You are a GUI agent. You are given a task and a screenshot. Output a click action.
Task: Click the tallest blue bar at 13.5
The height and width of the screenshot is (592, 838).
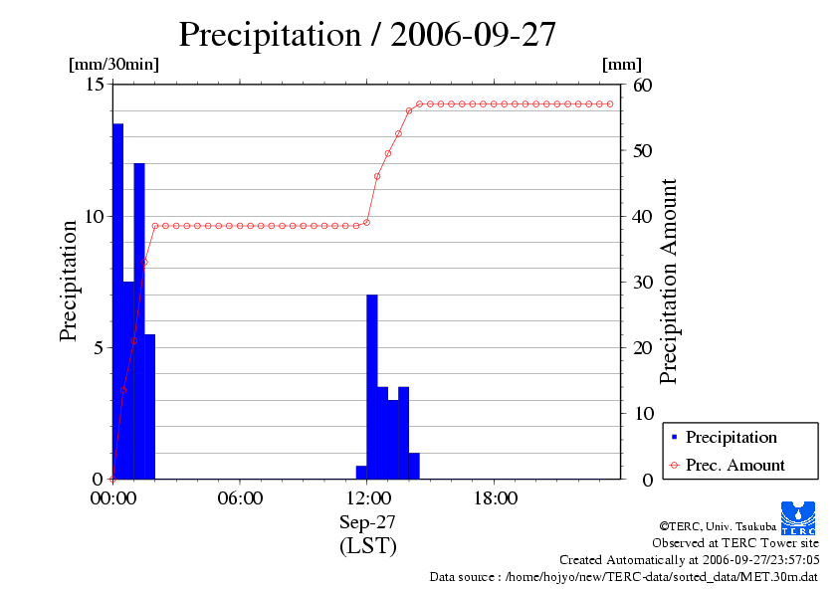(117, 298)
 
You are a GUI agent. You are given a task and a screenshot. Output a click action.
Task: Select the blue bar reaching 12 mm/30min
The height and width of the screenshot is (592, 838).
(139, 318)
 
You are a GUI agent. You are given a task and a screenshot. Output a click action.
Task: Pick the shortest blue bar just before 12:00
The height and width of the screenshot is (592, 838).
(361, 472)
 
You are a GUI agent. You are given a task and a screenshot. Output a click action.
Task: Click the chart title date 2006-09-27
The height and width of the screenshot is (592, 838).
(473, 35)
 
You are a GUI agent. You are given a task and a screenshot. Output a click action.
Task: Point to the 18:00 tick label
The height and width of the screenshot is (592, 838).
(495, 498)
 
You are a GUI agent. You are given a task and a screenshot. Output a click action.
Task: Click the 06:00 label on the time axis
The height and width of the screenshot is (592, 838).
(240, 498)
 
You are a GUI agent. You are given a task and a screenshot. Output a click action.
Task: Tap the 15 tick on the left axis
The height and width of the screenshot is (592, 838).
(95, 85)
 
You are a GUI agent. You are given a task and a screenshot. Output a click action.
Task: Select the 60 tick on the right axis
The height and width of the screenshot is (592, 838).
(642, 85)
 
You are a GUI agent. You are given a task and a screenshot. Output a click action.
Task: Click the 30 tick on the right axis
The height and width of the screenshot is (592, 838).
(642, 282)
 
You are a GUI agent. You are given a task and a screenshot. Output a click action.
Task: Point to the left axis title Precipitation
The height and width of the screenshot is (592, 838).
(69, 281)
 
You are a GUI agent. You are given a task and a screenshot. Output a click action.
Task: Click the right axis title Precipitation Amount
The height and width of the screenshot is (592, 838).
(669, 281)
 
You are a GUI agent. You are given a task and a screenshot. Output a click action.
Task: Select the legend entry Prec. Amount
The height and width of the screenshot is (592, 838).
(734, 465)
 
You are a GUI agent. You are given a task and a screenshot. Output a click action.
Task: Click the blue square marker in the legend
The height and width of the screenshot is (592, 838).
(675, 438)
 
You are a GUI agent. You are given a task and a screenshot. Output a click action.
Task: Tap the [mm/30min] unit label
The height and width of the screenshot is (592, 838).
(113, 64)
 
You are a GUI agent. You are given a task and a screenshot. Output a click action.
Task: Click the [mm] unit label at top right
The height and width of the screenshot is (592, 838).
(622, 64)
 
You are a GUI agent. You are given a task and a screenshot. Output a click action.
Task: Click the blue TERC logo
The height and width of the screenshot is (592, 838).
(798, 516)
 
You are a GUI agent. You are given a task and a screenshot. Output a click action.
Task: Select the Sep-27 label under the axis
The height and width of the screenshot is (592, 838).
(367, 523)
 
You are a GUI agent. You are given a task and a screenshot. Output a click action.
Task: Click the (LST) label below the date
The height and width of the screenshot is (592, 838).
(367, 546)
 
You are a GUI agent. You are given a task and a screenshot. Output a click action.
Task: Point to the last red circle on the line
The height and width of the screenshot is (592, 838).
(610, 103)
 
